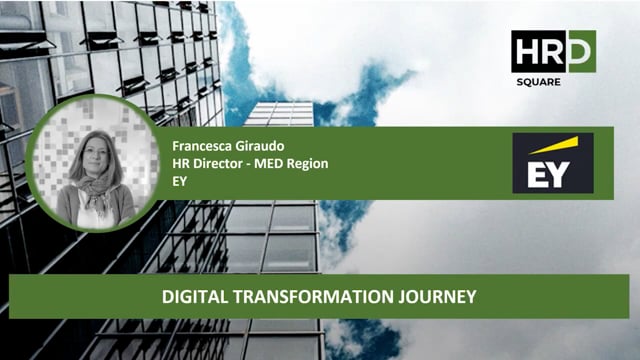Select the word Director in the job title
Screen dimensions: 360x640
(x=217, y=163)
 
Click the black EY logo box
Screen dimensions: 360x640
(x=552, y=162)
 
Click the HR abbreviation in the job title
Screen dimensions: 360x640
(x=180, y=163)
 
